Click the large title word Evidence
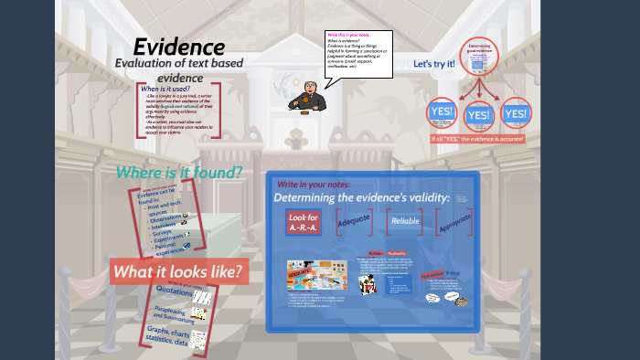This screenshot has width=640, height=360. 179,46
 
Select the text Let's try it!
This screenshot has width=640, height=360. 434,64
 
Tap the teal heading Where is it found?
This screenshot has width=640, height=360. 179,172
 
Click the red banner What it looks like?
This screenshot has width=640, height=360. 179,271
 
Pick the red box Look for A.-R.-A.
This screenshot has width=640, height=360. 304,222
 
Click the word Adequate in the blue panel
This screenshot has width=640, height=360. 354,220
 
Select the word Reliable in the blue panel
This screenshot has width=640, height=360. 405,221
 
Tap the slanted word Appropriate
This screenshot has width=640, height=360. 454,219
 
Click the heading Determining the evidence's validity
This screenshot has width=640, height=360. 361,198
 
